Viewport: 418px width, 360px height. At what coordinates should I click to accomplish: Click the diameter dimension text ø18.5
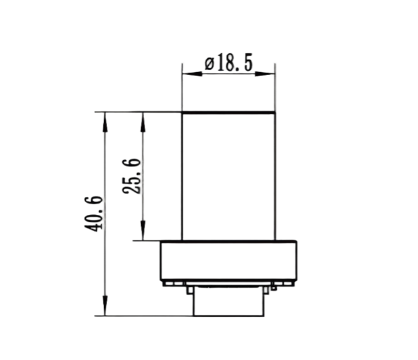pyautogui.click(x=228, y=63)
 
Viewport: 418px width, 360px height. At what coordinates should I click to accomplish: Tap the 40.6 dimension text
pyautogui.click(x=95, y=214)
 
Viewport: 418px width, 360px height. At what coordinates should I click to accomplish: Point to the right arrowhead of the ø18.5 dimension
pyautogui.click(x=270, y=74)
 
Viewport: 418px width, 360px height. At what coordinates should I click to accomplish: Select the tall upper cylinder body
pyautogui.click(x=228, y=174)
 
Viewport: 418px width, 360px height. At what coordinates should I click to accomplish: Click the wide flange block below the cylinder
pyautogui.click(x=228, y=261)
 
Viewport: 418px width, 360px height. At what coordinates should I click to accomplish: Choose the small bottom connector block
pyautogui.click(x=228, y=302)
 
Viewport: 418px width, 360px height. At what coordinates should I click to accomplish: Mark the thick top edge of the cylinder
pyautogui.click(x=228, y=112)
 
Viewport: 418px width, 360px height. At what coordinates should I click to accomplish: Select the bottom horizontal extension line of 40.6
pyautogui.click(x=145, y=316)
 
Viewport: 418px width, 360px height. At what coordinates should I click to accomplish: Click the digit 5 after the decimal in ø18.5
pyautogui.click(x=247, y=63)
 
